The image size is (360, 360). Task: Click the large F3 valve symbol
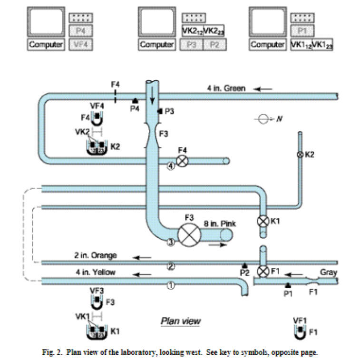point(189,234)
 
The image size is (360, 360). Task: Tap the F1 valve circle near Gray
point(263,272)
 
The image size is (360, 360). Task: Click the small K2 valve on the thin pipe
point(300,155)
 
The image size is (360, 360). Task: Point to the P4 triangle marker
point(135,101)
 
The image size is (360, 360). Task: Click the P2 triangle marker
point(244,265)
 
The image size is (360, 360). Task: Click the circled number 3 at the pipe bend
point(170,243)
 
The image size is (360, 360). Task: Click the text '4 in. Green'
point(226,88)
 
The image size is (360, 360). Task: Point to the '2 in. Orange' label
point(96,256)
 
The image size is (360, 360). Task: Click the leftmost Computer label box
point(46,45)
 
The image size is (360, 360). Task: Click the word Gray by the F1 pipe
point(328,272)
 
